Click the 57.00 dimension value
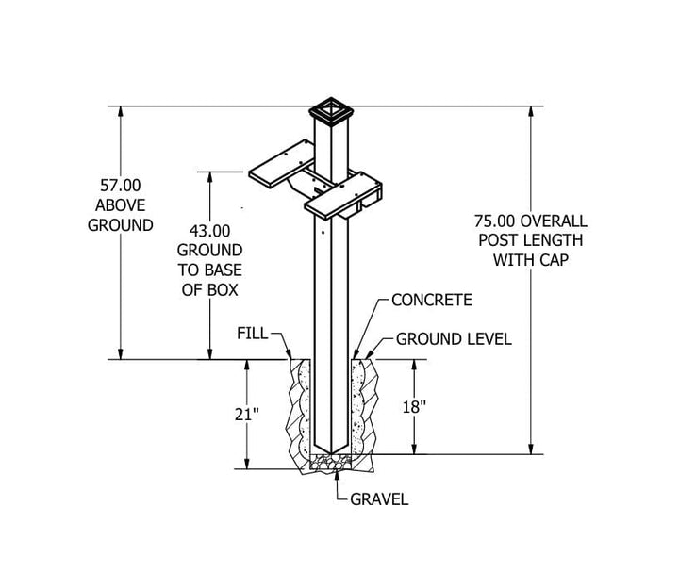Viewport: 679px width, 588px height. point(121,186)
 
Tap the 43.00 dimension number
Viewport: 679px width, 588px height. point(210,231)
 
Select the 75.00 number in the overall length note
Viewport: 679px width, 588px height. point(494,221)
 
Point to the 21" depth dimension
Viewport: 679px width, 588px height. point(247,415)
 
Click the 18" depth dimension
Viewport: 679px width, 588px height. point(414,407)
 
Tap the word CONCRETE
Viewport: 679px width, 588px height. point(432,300)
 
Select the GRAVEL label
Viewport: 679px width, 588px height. point(379,499)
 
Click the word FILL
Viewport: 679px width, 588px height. point(253,334)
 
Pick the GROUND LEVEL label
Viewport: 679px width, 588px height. point(454,339)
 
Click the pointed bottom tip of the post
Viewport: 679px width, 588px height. point(331,452)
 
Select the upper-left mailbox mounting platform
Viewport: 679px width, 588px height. point(281,164)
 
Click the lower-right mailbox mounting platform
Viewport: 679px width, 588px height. point(343,195)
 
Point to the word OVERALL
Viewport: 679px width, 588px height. point(554,221)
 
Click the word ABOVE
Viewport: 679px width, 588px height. point(121,205)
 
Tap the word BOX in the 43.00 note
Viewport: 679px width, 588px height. point(223,290)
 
